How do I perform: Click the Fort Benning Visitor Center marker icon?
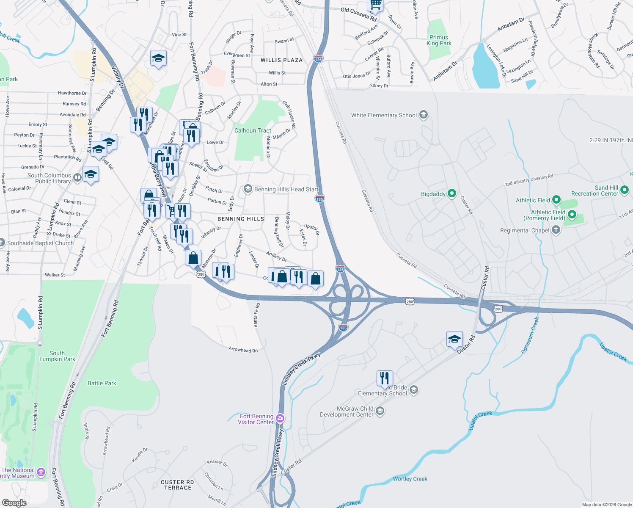(280, 419)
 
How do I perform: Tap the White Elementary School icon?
(423, 115)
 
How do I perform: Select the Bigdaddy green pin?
(452, 193)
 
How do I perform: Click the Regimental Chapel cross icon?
(556, 230)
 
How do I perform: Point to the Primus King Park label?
(439, 40)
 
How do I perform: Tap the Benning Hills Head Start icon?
(248, 189)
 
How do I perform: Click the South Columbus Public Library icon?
(77, 178)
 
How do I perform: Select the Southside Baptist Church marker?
(2, 243)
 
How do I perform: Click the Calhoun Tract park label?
(253, 130)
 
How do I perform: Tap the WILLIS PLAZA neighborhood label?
(281, 60)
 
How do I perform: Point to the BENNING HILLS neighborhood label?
(240, 219)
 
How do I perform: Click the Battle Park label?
(102, 383)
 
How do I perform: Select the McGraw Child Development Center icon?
(380, 411)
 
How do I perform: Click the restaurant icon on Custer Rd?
(385, 378)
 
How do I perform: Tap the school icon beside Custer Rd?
(454, 339)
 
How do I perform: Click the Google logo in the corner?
(14, 502)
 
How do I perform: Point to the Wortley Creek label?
(410, 479)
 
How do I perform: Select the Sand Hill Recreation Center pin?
(625, 190)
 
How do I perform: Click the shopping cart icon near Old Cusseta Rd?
(375, 4)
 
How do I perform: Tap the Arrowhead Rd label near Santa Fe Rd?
(243, 350)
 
